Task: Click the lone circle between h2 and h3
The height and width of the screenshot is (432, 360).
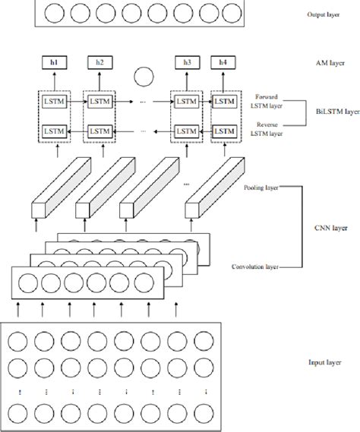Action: coord(144,76)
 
